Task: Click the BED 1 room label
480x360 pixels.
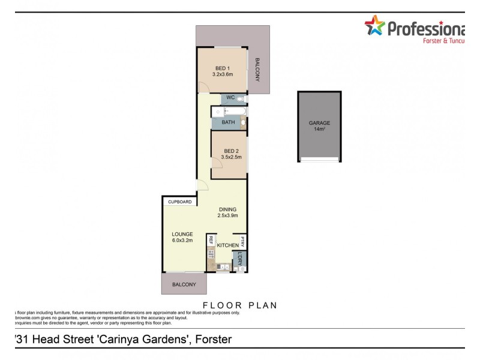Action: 222,68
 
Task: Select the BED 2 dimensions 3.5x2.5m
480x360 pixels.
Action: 228,157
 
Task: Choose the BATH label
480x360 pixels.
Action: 228,123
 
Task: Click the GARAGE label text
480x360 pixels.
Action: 319,123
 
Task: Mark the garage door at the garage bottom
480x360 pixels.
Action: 319,159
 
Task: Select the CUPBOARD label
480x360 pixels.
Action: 179,202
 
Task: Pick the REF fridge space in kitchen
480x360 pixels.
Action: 211,240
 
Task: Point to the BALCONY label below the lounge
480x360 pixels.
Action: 184,284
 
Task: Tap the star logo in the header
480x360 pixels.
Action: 374,26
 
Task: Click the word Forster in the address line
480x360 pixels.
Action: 212,340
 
